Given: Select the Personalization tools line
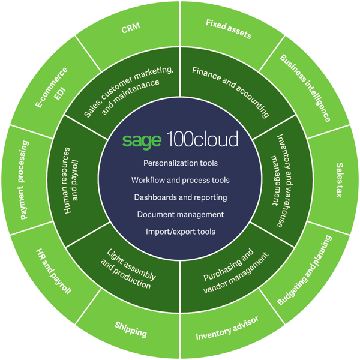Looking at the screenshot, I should click(180, 163).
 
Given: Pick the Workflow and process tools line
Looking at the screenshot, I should click(180, 180).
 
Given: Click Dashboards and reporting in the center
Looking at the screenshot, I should click(180, 197).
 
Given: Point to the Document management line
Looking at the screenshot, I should click(180, 214).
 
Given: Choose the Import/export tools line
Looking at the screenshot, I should click(180, 231).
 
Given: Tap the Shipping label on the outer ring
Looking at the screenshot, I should click(130, 329).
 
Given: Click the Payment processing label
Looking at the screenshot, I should click(24, 179).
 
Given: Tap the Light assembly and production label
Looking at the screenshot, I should click(128, 269).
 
